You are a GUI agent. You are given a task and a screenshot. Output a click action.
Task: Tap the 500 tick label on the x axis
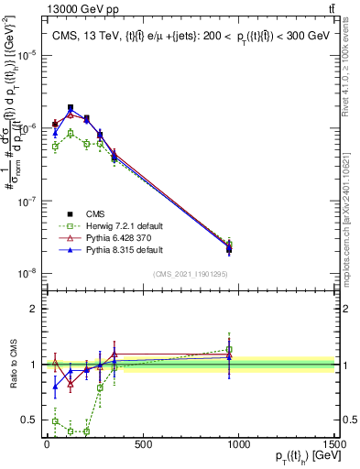point(143,445)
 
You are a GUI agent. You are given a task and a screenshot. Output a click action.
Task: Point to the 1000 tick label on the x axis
point(239,445)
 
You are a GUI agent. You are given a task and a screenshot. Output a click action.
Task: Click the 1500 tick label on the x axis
point(334,445)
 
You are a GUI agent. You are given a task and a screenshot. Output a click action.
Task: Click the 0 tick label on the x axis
point(47,445)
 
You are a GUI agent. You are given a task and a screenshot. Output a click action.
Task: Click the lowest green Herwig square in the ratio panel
point(86,431)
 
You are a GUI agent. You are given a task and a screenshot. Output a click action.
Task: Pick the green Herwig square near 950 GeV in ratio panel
point(229,349)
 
